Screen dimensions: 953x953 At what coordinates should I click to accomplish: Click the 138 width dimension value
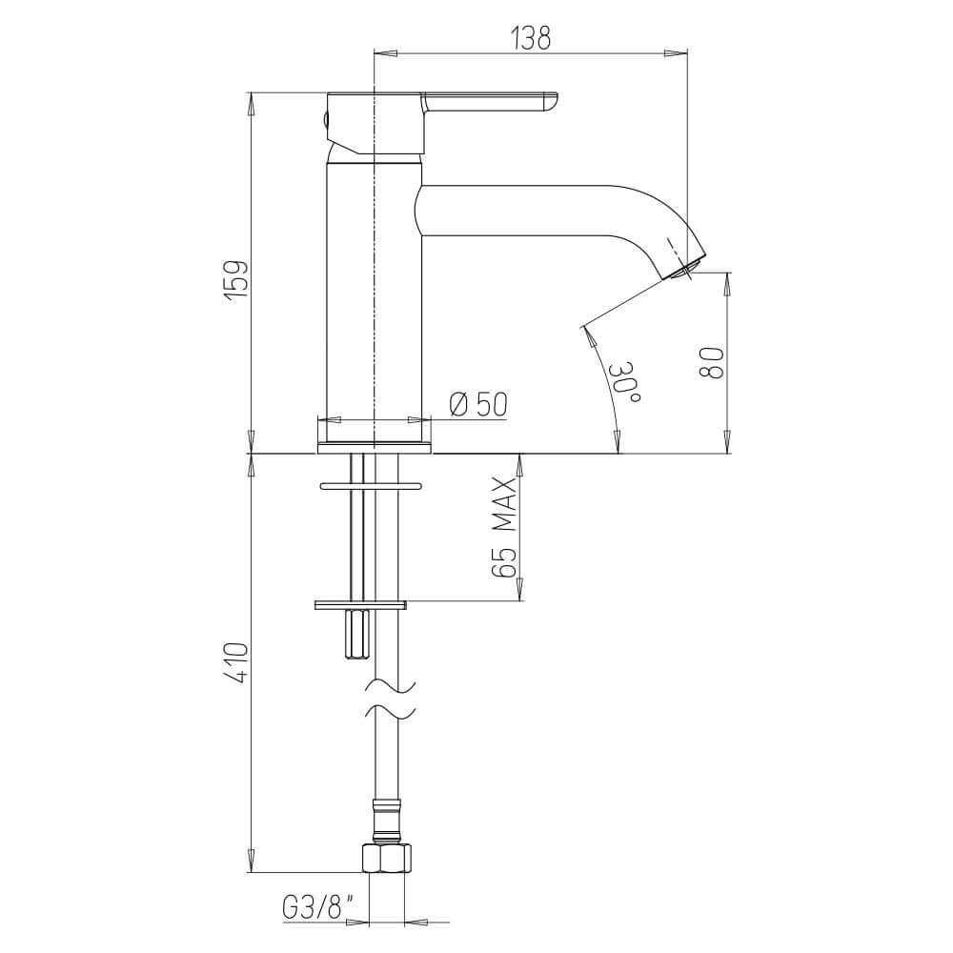point(531,38)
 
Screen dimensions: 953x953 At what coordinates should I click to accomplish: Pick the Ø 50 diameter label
point(476,406)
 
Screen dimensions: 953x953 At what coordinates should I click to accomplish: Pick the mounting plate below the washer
point(360,603)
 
